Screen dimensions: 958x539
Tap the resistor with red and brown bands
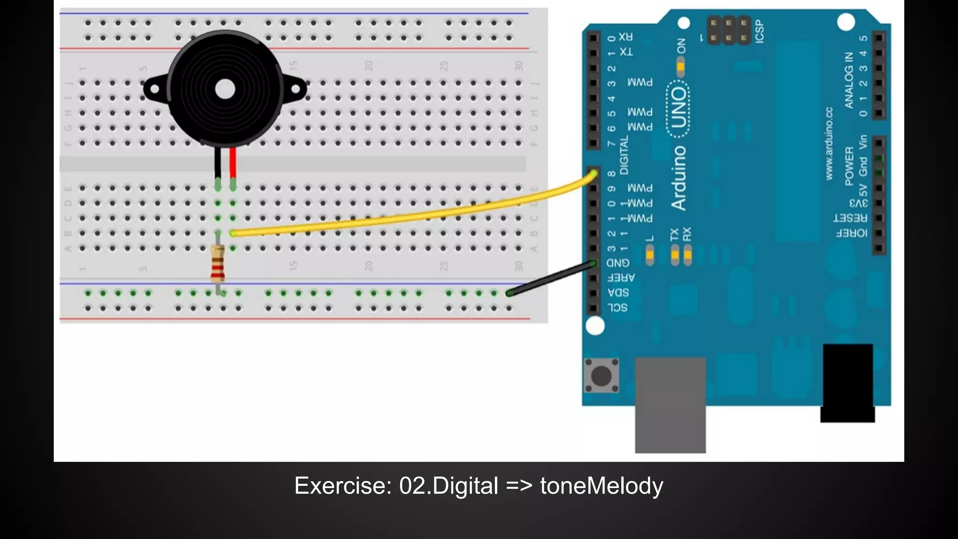(x=218, y=265)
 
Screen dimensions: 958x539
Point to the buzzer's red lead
(x=233, y=161)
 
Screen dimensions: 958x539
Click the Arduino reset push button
(x=602, y=375)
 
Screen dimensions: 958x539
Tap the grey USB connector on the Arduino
(x=670, y=405)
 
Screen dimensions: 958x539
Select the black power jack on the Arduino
(x=848, y=381)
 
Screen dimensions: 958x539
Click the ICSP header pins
(x=729, y=30)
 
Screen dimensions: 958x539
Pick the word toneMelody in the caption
(x=602, y=486)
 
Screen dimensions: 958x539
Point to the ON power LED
(x=681, y=66)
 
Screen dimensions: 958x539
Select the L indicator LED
(x=650, y=255)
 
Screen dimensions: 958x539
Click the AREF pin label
(x=620, y=277)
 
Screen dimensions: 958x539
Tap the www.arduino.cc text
(x=829, y=143)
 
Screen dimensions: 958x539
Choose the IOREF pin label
(x=851, y=233)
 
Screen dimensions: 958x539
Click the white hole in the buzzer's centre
(x=225, y=89)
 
